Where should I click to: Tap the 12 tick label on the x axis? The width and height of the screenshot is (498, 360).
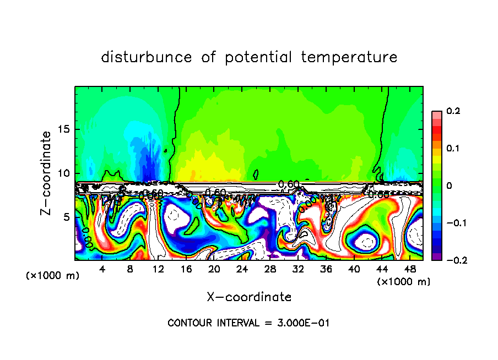(158, 270)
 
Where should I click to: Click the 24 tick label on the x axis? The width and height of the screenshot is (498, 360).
(242, 270)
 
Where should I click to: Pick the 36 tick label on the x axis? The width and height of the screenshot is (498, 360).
(326, 270)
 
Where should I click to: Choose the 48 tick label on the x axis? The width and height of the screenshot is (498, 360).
(409, 270)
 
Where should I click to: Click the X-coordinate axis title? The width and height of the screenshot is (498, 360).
(249, 297)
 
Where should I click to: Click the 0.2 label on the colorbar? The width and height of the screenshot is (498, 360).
(453, 111)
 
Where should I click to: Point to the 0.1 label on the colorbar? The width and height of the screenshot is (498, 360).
(453, 149)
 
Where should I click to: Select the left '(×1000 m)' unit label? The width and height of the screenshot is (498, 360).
(53, 276)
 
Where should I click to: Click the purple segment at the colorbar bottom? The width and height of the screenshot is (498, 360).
(436, 257)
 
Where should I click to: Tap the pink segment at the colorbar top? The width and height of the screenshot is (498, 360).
(436, 114)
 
